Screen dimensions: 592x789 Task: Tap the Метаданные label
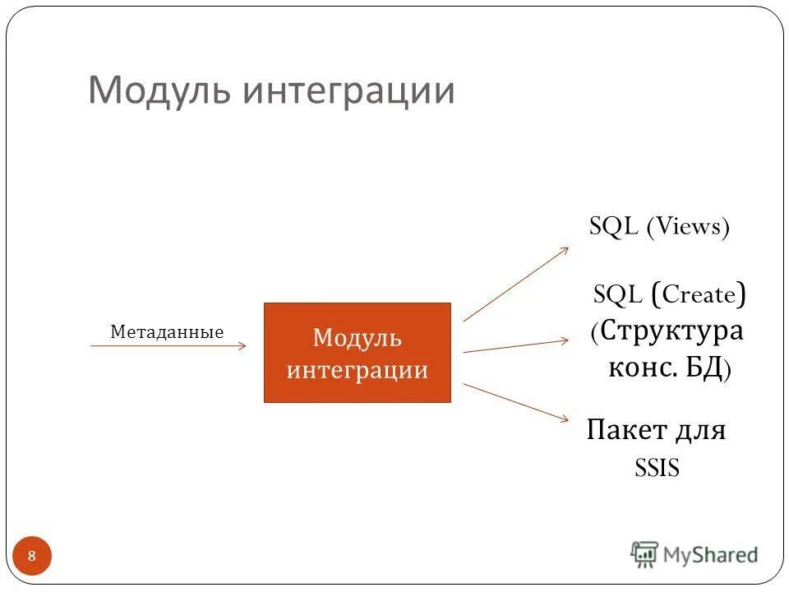point(167,332)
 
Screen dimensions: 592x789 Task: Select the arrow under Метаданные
point(168,346)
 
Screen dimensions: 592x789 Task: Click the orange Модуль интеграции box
point(357,353)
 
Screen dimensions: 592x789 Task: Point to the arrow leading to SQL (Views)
point(515,284)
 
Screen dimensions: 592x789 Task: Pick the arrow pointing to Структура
point(516,345)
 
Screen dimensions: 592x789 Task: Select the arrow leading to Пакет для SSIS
point(516,402)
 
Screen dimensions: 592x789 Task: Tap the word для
point(697,429)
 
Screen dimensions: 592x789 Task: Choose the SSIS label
point(657,468)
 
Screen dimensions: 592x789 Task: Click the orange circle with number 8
point(32,557)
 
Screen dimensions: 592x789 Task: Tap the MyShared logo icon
point(645,554)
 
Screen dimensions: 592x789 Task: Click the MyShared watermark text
point(710,555)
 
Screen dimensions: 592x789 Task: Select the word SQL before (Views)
point(614,227)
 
